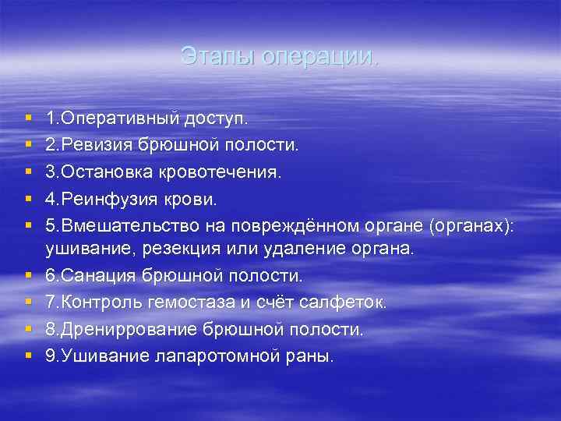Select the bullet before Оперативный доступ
click(x=28, y=119)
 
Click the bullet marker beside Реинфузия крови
click(x=28, y=199)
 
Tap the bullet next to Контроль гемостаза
click(x=28, y=302)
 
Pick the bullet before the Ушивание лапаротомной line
click(x=28, y=356)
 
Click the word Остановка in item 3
click(x=102, y=172)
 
